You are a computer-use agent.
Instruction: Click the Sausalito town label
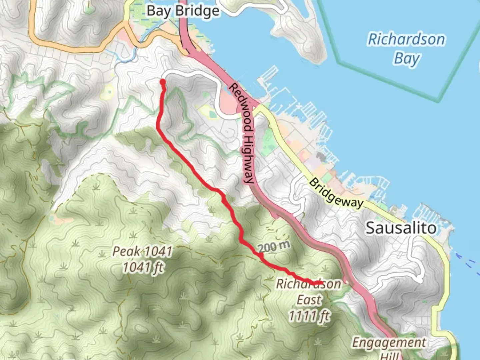[x=401, y=228]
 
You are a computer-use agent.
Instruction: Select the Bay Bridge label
[x=183, y=11]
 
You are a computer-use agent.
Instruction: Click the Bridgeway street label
[x=336, y=193]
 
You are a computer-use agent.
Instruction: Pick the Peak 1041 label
[x=142, y=251]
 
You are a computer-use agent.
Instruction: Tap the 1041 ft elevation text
[x=143, y=267]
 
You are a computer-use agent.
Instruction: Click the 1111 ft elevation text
[x=309, y=315]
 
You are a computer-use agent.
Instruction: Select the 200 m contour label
[x=274, y=247]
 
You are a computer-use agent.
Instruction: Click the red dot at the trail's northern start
[x=163, y=82]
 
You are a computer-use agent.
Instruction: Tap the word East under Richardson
[x=310, y=300]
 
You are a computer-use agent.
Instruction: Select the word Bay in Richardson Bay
[x=406, y=59]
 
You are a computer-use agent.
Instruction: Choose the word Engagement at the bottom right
[x=389, y=343]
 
